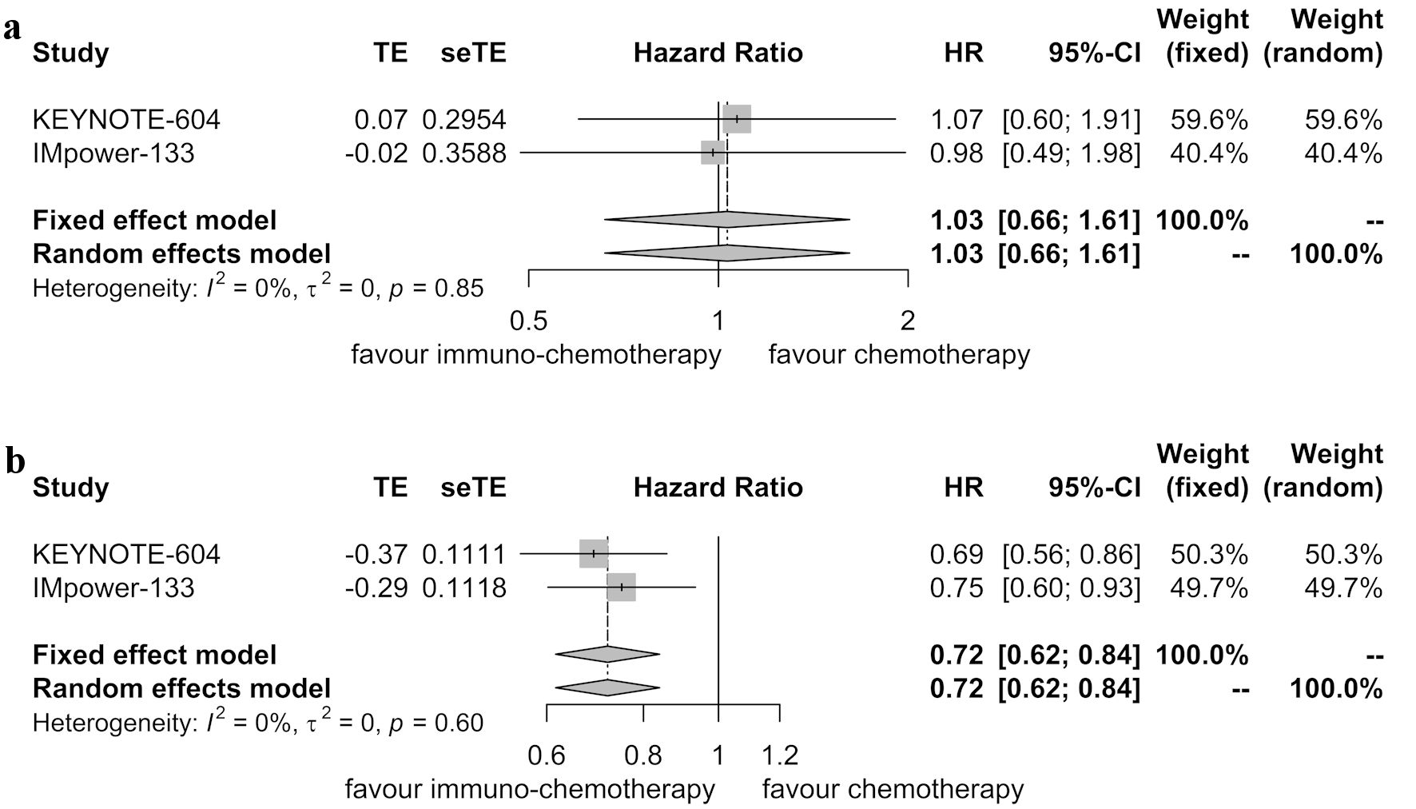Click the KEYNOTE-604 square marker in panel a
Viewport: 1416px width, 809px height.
(x=737, y=119)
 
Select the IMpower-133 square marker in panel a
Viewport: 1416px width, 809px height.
(x=713, y=152)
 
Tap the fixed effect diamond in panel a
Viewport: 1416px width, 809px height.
(x=726, y=219)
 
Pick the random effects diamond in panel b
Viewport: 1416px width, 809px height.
(x=607, y=687)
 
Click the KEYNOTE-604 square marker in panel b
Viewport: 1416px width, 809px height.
(x=594, y=553)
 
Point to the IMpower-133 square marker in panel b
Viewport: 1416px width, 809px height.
(x=622, y=588)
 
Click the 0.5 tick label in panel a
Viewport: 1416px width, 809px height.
(x=529, y=321)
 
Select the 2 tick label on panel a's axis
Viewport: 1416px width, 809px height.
(x=908, y=321)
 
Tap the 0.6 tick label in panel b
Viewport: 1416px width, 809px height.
(x=547, y=755)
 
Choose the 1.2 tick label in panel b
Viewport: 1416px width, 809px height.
(x=780, y=755)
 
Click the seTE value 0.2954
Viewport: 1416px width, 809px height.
(x=464, y=120)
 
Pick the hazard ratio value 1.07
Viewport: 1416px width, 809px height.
(x=957, y=120)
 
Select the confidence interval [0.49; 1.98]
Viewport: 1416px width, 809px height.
(x=1072, y=153)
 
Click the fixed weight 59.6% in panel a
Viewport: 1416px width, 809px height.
(x=1209, y=120)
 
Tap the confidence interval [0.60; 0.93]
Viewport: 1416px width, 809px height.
(x=1072, y=588)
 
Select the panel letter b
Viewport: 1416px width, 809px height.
(x=14, y=462)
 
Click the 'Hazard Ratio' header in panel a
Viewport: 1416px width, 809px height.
(x=718, y=53)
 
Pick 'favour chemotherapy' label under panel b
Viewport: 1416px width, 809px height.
(x=893, y=790)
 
